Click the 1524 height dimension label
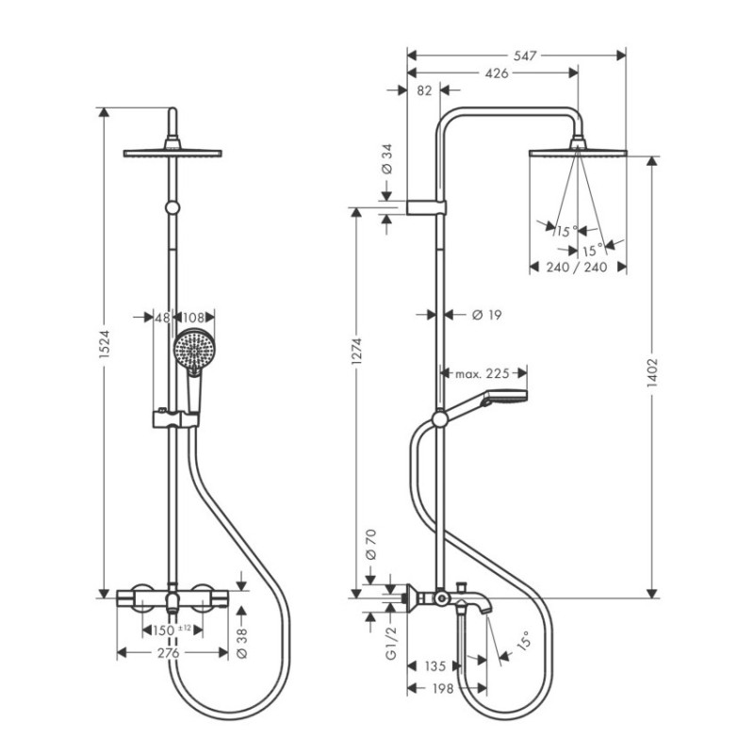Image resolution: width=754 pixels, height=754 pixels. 106,351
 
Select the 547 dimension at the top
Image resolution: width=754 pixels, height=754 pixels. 526,56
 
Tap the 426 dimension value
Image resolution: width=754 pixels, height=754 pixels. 497,74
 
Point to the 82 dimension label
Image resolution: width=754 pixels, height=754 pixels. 423,91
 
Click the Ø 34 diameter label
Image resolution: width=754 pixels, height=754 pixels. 386,158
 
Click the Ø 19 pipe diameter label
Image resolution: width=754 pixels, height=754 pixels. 486,315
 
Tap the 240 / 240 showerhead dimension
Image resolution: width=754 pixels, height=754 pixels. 575,267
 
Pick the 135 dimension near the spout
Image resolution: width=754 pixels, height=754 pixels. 434,666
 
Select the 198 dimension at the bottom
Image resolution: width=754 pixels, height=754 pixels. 444,689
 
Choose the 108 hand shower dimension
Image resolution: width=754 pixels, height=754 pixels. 194,318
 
